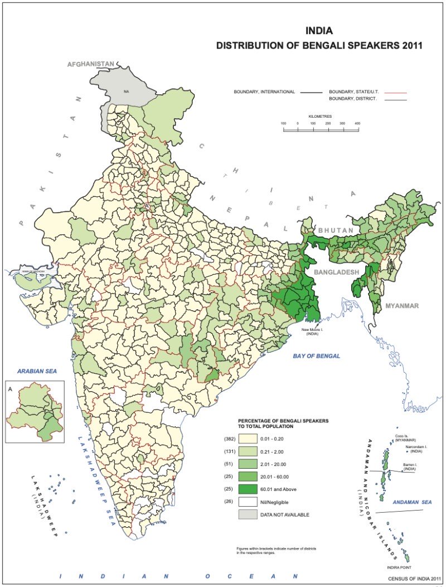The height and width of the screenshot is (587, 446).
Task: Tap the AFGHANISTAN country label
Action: (91, 64)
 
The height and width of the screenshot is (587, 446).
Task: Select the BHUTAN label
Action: (336, 230)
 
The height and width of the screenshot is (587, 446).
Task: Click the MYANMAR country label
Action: (401, 306)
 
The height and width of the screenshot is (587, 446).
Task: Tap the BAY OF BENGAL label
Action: (317, 356)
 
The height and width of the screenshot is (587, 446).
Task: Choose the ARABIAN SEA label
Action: (37, 371)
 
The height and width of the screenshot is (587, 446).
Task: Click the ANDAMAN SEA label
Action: (412, 503)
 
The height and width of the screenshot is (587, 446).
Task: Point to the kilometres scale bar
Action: (321, 129)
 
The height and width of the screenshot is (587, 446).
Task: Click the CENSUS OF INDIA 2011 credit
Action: (415, 578)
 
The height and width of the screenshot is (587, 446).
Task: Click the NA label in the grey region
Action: (127, 90)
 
